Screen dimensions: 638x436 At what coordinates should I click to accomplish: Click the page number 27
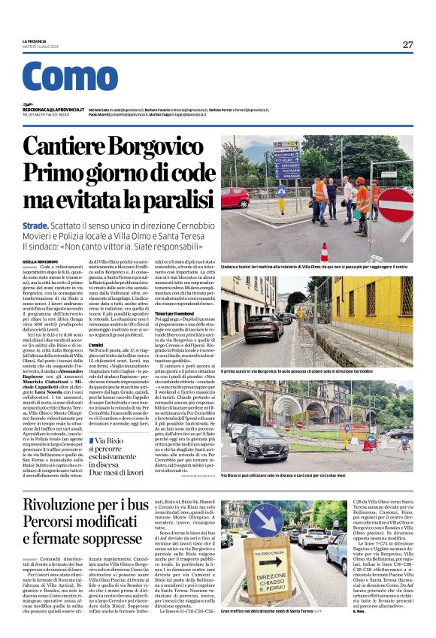[407, 45]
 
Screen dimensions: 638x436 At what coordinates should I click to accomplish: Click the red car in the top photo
[235, 198]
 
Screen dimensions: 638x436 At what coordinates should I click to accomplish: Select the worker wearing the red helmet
[362, 197]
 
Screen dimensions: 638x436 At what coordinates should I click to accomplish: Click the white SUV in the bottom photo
[312, 537]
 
